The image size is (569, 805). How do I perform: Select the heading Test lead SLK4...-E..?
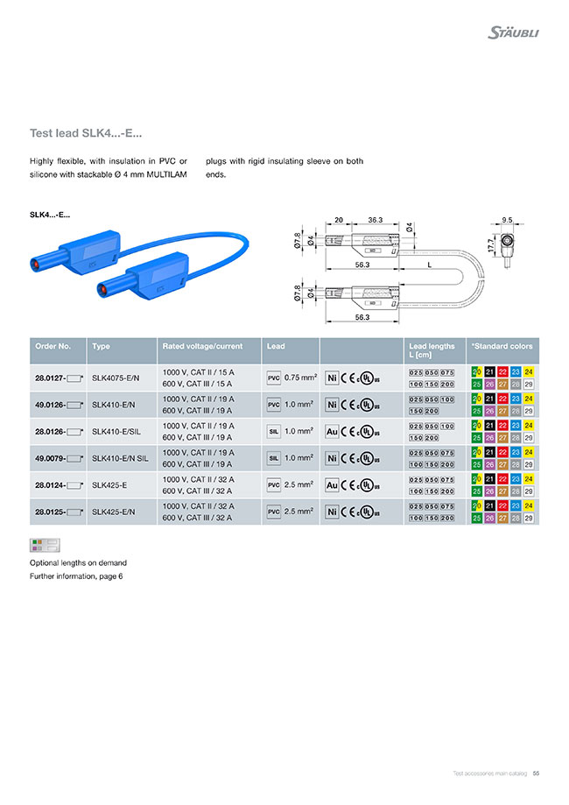[x=86, y=133]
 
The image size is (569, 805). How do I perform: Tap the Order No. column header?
[x=52, y=346]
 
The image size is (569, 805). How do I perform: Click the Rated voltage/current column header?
[x=202, y=346]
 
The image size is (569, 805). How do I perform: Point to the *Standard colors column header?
[x=502, y=346]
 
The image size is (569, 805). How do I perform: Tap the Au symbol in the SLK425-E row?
[x=332, y=485]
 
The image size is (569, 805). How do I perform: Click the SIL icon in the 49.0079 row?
[x=273, y=458]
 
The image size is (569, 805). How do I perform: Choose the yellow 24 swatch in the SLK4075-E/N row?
[x=529, y=372]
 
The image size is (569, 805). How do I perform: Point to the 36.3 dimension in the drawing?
[x=376, y=220]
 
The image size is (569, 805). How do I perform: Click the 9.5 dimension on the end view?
[x=507, y=220]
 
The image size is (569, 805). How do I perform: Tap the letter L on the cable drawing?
[x=430, y=263]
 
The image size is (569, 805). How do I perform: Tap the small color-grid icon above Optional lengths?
[x=43, y=546]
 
